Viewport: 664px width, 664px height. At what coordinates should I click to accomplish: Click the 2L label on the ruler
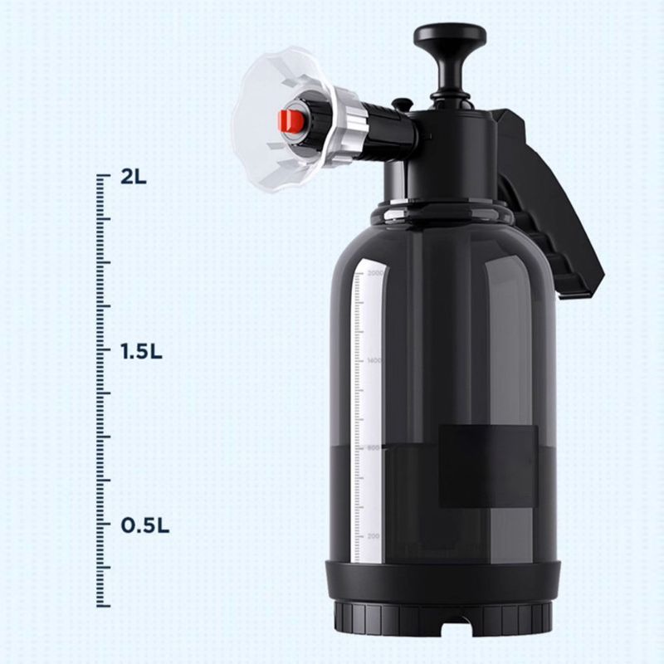[x=134, y=176]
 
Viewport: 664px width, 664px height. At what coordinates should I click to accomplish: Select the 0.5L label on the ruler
[x=145, y=525]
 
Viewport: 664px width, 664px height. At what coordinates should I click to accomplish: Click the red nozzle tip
[x=290, y=122]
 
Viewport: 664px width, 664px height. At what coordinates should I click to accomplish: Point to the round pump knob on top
[x=450, y=37]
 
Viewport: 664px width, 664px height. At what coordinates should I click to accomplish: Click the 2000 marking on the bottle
[x=374, y=272]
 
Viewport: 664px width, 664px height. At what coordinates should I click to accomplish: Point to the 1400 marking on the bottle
[x=374, y=361]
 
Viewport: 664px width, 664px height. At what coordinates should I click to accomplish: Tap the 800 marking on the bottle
[x=373, y=448]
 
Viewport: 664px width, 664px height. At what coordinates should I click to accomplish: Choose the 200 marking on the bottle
[x=373, y=536]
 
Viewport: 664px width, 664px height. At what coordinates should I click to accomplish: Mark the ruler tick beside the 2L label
[x=103, y=176]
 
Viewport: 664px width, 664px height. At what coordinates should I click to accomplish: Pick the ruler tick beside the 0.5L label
[x=103, y=525]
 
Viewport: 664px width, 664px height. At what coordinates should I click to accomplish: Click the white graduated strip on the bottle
[x=359, y=415]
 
